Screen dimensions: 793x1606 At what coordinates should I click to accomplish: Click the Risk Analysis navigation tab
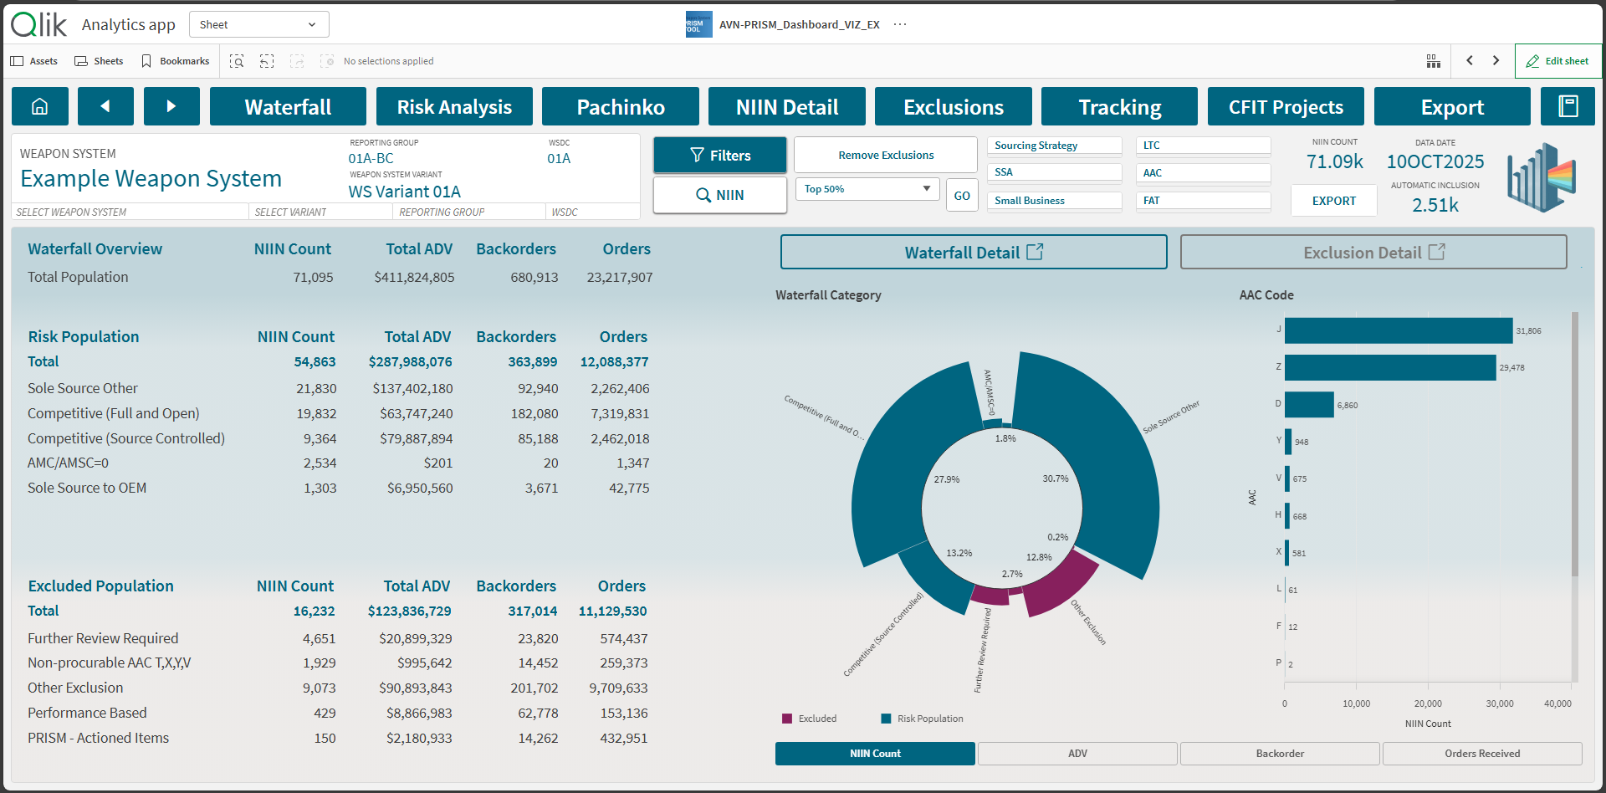coord(454,107)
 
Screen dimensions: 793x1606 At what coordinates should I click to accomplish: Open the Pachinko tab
coord(620,107)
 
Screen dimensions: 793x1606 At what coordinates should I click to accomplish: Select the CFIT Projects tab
coord(1286,107)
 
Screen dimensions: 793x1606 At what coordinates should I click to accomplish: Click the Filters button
coord(719,156)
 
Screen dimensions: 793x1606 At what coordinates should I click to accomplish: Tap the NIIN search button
coord(719,195)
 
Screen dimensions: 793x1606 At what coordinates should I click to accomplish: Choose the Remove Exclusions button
coord(885,156)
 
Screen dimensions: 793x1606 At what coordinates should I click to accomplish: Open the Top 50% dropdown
coord(867,189)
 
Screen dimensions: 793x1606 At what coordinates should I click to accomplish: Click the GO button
coord(962,196)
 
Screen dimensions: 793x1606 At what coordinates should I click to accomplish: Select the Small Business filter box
coord(1054,201)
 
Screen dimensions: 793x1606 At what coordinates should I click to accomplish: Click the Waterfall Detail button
coord(973,253)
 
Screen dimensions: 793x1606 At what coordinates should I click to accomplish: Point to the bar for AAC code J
coord(1399,330)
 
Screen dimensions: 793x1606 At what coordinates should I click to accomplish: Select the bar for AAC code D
coord(1309,405)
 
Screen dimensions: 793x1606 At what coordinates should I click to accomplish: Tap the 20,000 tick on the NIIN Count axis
coord(1428,703)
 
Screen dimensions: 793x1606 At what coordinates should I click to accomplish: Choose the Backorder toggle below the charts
coord(1279,754)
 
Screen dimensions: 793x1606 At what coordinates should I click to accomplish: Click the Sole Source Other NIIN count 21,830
coord(316,389)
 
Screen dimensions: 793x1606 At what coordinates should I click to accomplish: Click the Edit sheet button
coord(1557,61)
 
